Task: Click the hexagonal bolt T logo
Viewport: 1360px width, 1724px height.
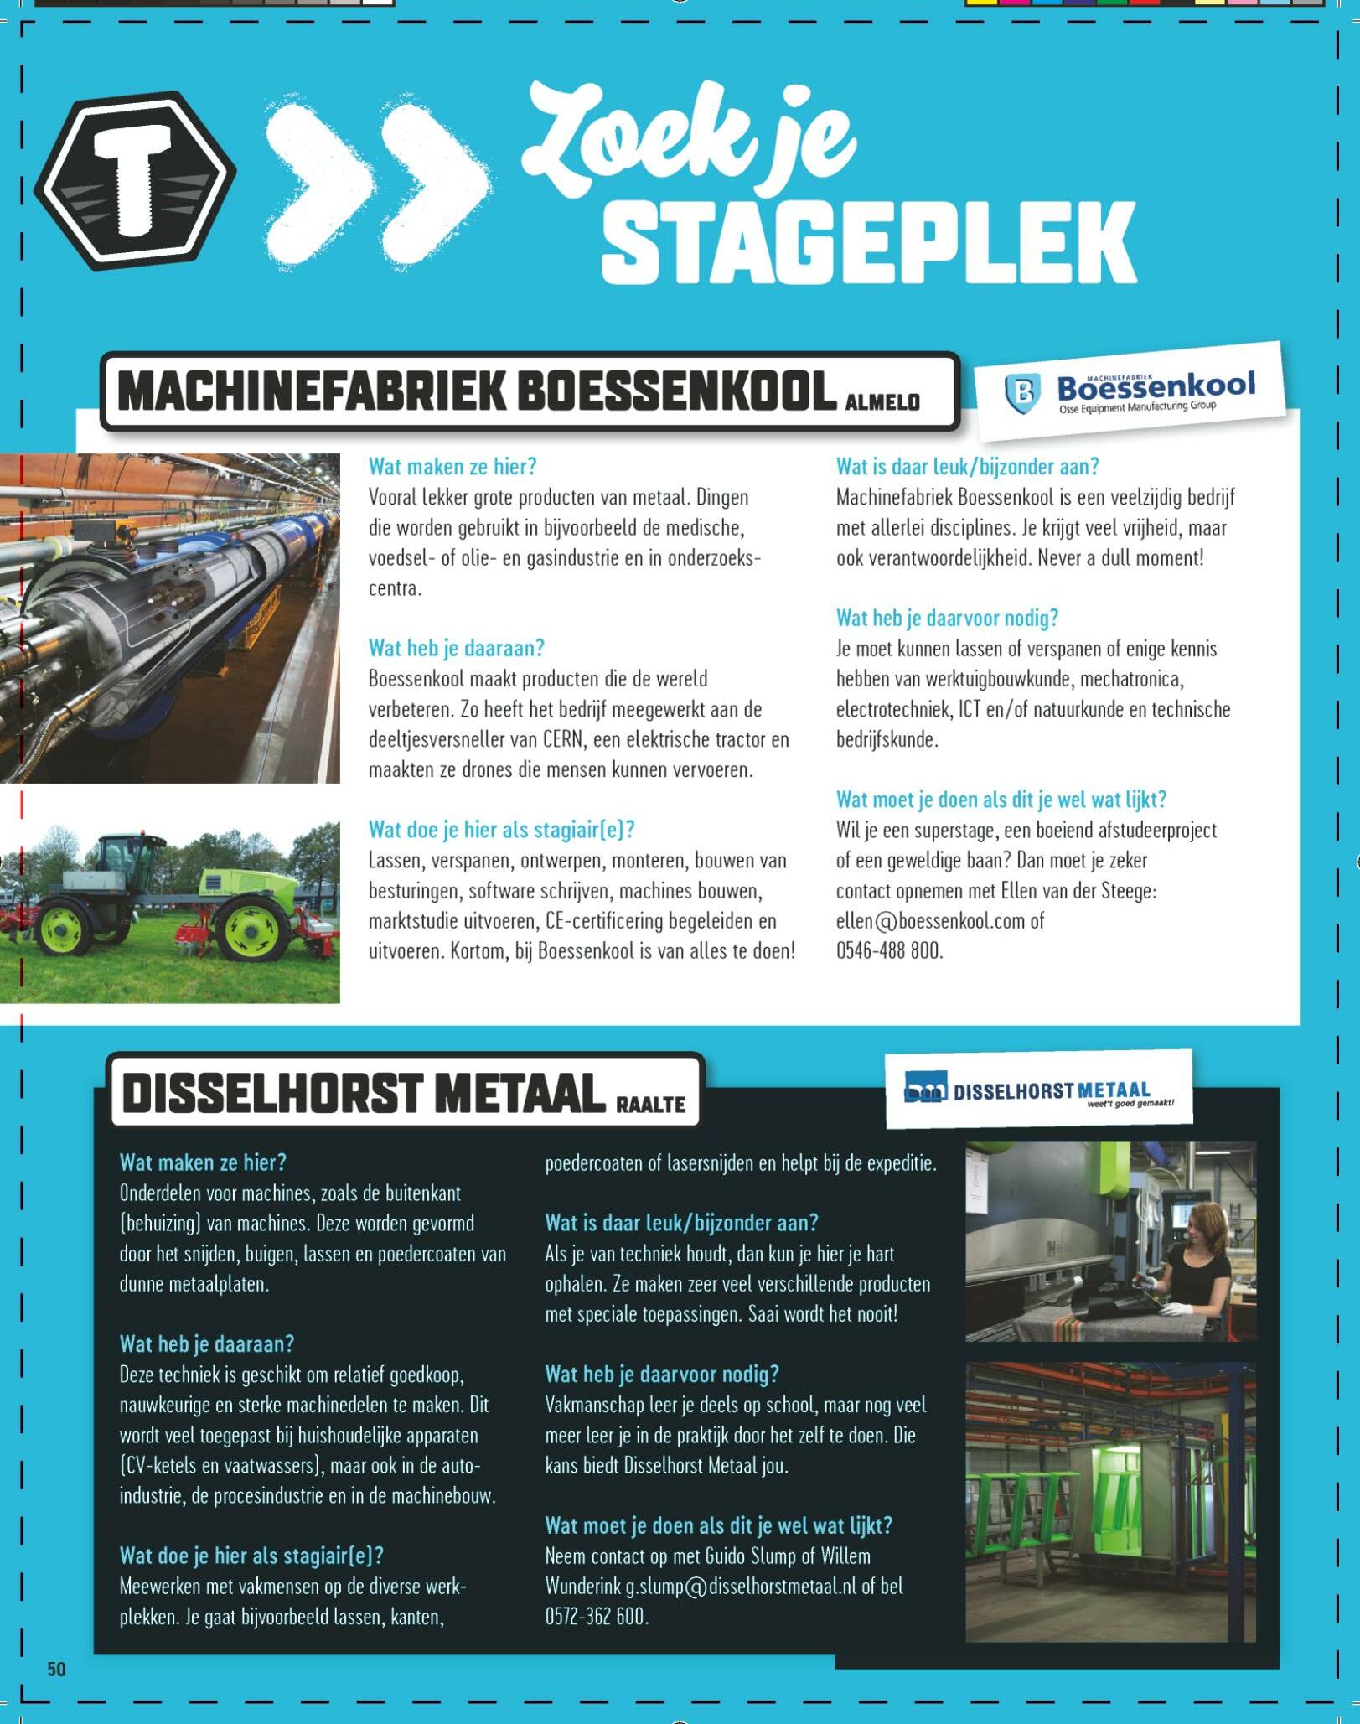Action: [x=134, y=179]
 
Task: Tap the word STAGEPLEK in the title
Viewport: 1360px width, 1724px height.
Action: [x=868, y=243]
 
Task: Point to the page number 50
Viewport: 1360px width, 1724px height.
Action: [x=56, y=1668]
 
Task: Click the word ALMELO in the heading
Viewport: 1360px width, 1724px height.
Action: [x=882, y=402]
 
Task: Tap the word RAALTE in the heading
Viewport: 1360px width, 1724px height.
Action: [x=651, y=1105]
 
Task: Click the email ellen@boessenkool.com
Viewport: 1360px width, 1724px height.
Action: [x=930, y=921]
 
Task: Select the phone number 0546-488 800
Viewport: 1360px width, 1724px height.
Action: [x=889, y=951]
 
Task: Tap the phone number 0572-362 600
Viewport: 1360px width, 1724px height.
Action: [x=596, y=1617]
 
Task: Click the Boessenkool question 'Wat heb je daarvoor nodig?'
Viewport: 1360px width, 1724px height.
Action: [x=947, y=619]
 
